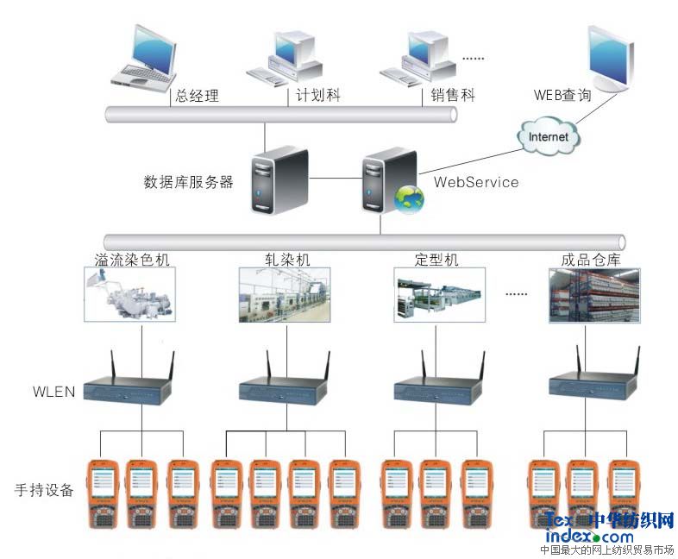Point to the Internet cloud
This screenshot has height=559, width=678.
coord(549,135)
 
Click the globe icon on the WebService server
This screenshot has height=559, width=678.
coord(409,199)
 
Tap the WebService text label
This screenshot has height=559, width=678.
coord(476,182)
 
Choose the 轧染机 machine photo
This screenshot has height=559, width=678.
coord(285,294)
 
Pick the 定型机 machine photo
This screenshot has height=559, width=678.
coord(439,294)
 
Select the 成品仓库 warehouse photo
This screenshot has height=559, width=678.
coord(594,294)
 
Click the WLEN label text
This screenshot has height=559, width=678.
coord(53,392)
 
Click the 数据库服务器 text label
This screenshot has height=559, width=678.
coord(188,182)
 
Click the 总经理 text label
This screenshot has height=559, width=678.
coord(197,96)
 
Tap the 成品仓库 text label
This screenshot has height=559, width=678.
coord(591,258)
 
